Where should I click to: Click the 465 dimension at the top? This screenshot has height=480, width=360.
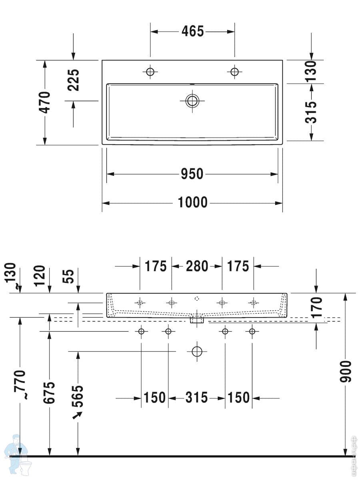(x=192, y=31)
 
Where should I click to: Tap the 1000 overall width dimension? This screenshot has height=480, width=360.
(x=192, y=202)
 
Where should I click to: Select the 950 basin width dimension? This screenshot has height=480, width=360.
(x=192, y=174)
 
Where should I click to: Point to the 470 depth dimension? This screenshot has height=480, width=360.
(x=44, y=102)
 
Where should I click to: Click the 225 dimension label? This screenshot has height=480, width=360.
(x=73, y=80)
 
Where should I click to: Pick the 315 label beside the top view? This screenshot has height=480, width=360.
(x=311, y=112)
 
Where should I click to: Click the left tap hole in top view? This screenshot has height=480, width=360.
(x=150, y=72)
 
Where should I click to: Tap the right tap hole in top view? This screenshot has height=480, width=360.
(x=234, y=72)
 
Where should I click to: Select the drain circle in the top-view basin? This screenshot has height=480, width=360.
(x=192, y=101)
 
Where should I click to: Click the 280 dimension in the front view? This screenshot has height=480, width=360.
(x=197, y=266)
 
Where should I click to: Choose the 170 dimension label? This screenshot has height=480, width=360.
(x=316, y=307)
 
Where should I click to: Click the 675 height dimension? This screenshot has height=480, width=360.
(x=49, y=393)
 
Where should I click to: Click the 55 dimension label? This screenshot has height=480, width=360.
(x=68, y=276)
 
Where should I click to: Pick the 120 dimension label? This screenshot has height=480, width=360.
(x=40, y=276)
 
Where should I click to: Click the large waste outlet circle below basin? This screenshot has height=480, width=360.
(x=197, y=352)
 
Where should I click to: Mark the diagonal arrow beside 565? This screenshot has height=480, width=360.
(x=77, y=416)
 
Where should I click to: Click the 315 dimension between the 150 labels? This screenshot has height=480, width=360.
(x=196, y=397)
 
